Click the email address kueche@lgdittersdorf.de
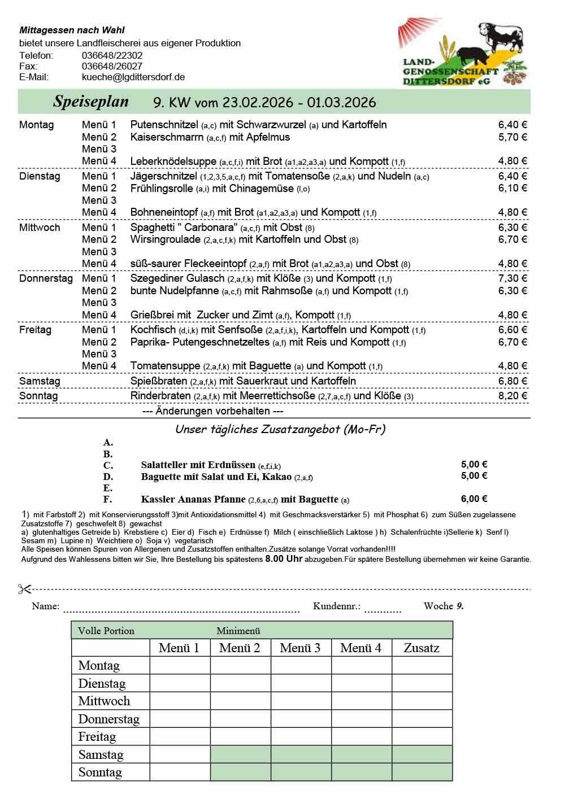click(133, 77)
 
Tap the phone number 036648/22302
click(112, 55)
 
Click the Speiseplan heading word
click(91, 102)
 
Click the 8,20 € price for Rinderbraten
click(512, 396)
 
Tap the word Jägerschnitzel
click(164, 176)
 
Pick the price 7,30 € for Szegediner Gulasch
click(512, 278)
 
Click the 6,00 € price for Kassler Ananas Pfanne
click(474, 499)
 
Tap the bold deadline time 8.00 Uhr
click(284, 558)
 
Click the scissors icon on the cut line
click(24, 589)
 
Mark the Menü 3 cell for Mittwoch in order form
click(301, 701)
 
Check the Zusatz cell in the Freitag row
click(422, 737)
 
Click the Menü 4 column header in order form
click(361, 648)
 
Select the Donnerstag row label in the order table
click(108, 719)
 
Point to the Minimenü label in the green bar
click(238, 631)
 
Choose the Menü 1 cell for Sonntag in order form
click(180, 772)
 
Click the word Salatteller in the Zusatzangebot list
click(164, 465)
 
